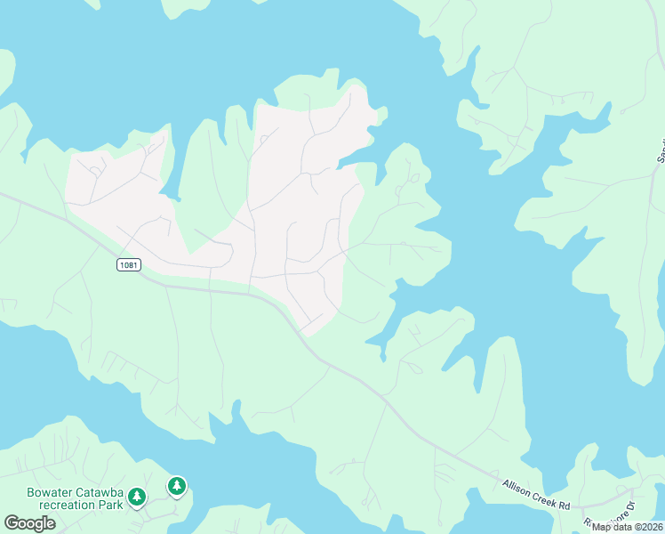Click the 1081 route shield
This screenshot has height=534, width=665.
(128, 265)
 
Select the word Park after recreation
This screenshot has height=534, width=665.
(108, 504)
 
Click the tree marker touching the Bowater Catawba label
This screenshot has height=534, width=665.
(137, 496)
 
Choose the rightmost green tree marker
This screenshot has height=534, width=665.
(177, 486)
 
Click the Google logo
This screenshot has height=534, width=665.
(29, 523)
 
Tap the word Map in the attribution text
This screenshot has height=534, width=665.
(602, 527)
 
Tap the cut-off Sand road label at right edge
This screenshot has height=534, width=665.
(661, 151)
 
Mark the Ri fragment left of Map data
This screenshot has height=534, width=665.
(587, 524)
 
